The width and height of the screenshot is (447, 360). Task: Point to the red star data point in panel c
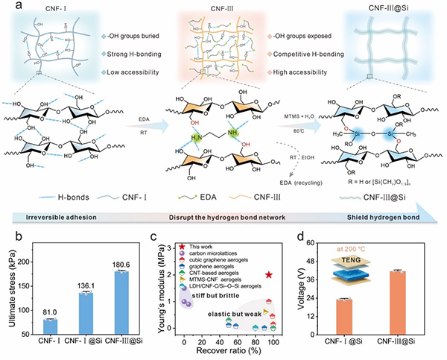click(x=269, y=275)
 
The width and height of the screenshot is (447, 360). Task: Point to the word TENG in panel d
click(x=357, y=260)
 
